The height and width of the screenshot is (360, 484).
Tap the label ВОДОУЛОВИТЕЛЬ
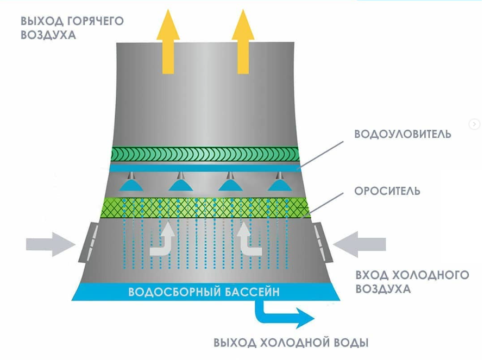(x=403, y=134)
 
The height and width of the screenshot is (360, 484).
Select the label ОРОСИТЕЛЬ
(x=387, y=191)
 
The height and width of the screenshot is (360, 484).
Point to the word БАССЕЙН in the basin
(x=252, y=292)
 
